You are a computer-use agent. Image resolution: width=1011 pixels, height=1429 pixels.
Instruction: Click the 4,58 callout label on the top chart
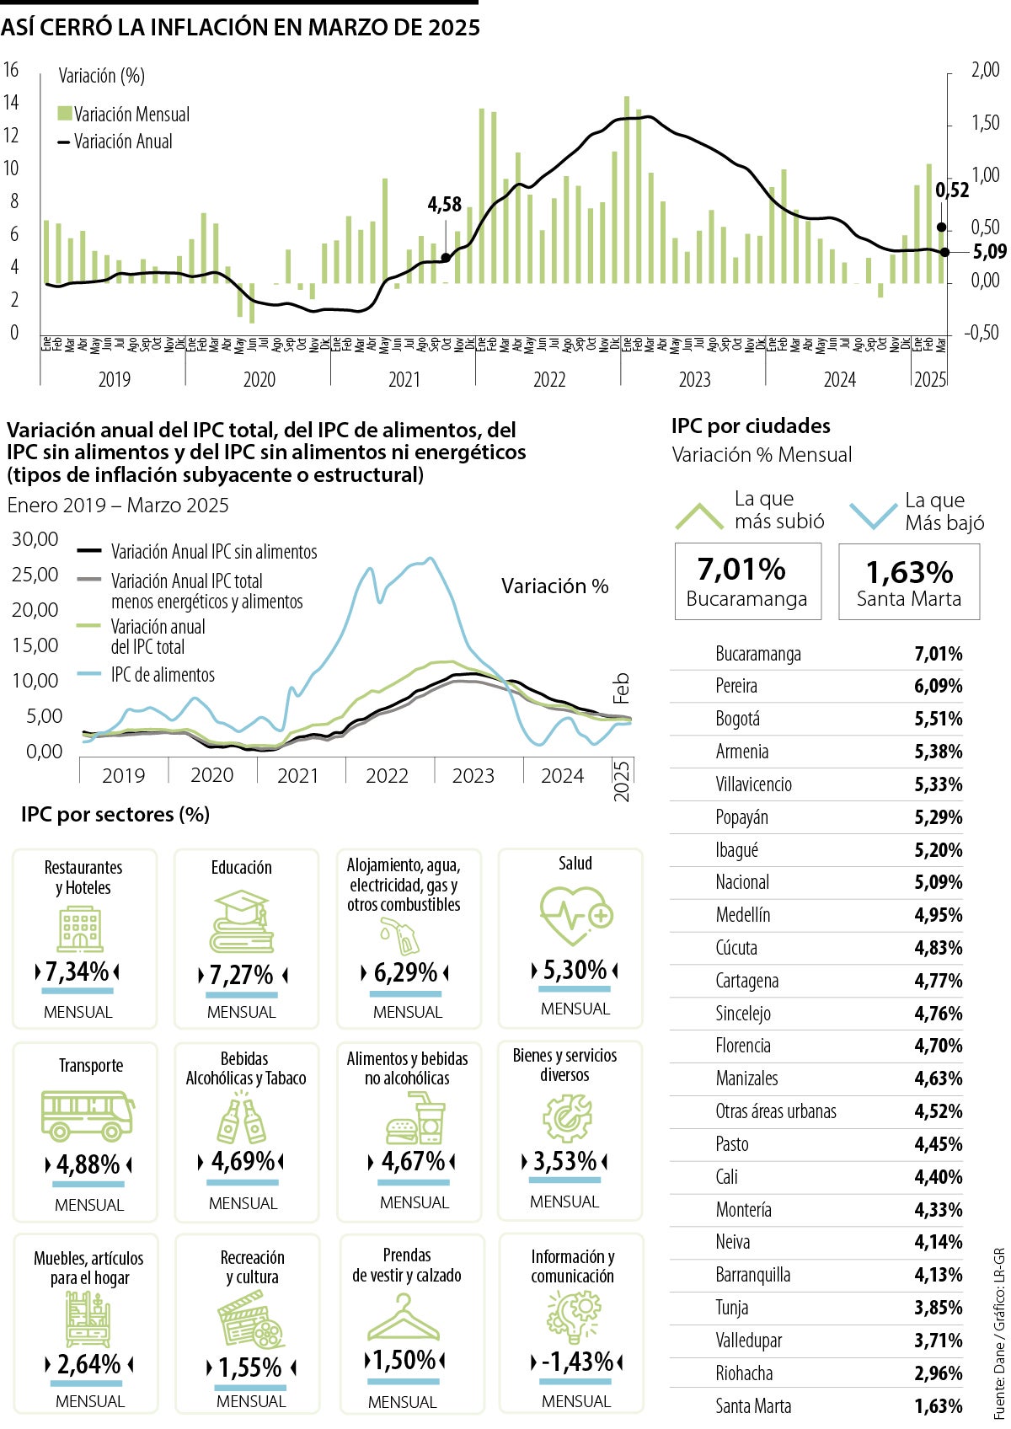(x=445, y=205)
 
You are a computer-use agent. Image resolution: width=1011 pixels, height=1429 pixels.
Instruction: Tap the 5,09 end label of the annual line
(x=988, y=252)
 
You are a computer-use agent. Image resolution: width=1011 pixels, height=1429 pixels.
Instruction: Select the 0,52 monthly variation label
(x=952, y=191)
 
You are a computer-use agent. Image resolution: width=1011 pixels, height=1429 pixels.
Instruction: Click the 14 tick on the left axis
(x=11, y=103)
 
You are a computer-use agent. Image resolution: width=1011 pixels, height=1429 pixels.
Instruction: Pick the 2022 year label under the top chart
(x=549, y=380)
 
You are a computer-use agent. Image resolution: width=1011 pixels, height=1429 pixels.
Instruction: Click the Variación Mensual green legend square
(x=65, y=114)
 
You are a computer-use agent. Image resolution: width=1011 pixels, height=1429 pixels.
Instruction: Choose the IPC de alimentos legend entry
(x=163, y=675)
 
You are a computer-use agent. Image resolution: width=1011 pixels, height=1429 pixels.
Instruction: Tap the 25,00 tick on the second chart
(x=35, y=575)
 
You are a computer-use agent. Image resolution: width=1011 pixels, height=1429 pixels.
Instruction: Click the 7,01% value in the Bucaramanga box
(x=741, y=570)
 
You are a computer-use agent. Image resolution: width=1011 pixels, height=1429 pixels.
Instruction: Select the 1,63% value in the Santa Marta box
(x=909, y=573)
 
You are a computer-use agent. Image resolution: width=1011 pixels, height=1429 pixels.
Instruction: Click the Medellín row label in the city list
(x=742, y=915)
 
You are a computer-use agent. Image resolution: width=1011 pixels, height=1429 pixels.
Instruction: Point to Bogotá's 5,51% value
(x=938, y=719)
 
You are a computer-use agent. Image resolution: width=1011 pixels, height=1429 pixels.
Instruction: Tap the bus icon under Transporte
(x=88, y=1115)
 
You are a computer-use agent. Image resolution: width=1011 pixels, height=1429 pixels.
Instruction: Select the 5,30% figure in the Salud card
(x=575, y=970)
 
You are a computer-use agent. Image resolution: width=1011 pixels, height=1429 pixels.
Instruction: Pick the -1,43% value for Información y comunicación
(x=577, y=1361)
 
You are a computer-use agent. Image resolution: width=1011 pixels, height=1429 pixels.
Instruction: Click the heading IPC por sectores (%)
(x=115, y=815)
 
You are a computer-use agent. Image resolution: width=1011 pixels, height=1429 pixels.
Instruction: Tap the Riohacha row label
(x=744, y=1373)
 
